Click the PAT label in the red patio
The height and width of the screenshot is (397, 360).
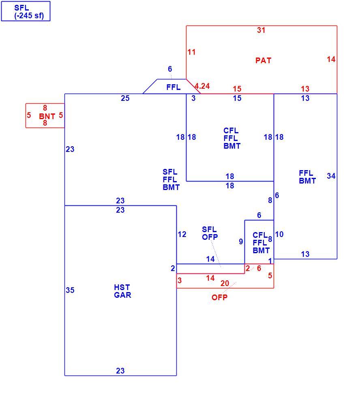coord(263,60)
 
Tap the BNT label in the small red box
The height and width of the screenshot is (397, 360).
coord(47,117)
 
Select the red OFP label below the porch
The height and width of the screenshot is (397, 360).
coord(219,297)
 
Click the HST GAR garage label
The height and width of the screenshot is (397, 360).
coord(122,291)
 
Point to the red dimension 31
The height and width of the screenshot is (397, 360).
coord(261,30)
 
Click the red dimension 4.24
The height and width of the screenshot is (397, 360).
coord(202,86)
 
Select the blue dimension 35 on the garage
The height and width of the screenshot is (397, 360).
coord(70,290)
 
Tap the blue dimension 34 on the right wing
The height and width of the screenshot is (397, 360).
coord(331,176)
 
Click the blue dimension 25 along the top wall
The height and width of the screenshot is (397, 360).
coord(125,98)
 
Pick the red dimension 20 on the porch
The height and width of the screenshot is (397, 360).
coord(225,283)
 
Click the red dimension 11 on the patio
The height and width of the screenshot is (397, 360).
coord(191,52)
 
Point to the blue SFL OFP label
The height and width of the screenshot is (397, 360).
coord(210,233)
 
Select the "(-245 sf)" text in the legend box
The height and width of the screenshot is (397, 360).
coord(29,16)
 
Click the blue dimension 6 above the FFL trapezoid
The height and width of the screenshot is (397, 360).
coord(170,69)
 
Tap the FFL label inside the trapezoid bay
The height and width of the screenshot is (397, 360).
coord(174,88)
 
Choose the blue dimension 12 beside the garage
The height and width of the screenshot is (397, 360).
coord(182,235)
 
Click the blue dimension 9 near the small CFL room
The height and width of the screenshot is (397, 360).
coord(241,241)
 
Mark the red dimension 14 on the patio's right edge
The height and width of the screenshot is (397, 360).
coord(331,60)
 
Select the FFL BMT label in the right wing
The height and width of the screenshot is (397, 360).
coord(307,177)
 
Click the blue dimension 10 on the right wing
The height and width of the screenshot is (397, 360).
coord(279,235)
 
